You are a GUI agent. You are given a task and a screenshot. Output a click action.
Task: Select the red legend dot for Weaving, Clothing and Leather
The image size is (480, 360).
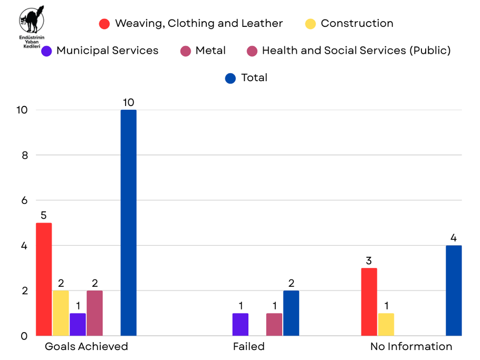104,24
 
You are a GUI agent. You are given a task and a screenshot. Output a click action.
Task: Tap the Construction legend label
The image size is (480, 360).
357,23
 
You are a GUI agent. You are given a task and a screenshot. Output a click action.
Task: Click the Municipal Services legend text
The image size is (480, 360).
107,51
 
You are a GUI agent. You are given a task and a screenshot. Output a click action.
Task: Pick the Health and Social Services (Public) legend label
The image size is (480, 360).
356,51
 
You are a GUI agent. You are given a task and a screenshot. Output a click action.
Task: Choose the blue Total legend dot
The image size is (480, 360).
230,78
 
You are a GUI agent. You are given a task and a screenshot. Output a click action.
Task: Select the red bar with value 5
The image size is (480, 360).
44,279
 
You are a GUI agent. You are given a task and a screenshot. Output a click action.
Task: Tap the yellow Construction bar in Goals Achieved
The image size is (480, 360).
61,313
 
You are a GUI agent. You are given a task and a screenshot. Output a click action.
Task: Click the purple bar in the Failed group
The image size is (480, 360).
240,324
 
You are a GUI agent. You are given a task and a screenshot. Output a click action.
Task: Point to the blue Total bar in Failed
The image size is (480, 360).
291,313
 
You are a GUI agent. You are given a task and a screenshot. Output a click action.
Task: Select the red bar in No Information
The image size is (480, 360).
369,301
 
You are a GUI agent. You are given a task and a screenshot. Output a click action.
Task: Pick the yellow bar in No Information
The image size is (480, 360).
386,324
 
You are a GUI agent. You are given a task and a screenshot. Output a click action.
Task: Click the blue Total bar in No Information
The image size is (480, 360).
453,290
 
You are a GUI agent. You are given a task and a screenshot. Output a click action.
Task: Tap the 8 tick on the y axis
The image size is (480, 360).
24,155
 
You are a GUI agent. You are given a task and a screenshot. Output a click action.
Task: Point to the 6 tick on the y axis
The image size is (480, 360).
24,200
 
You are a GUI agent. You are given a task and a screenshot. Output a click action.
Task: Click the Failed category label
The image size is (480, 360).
248,346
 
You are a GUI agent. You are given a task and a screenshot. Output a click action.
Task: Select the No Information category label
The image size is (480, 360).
411,346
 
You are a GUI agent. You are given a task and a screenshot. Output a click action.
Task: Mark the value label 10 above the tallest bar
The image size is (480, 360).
128,102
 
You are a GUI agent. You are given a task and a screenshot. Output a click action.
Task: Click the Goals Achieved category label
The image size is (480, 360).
86,346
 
